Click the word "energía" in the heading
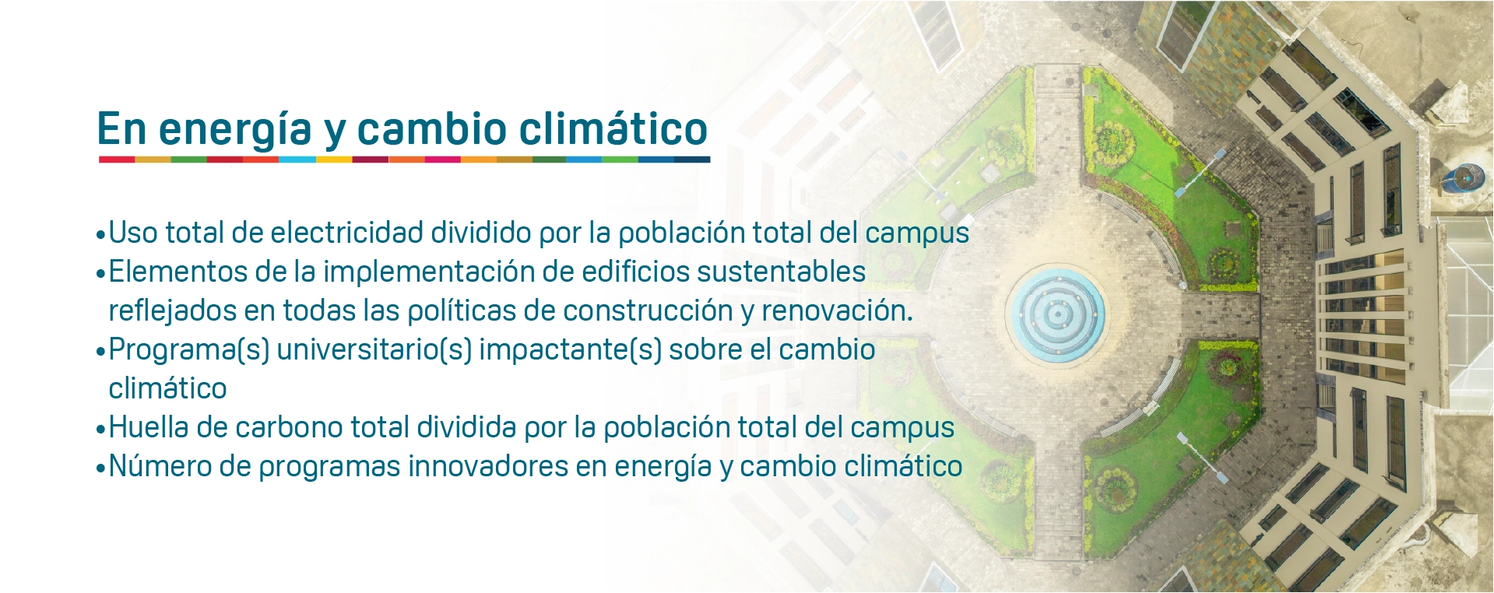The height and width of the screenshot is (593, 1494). [235, 130]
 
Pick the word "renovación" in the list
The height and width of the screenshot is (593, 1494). [837, 311]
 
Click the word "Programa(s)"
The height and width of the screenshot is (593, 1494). [189, 350]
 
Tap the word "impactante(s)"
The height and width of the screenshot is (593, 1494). [570, 350]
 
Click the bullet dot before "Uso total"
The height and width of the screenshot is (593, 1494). [100, 234]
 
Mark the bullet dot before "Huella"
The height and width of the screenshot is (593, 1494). [100, 429]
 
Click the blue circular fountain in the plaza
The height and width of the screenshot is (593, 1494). [1056, 314]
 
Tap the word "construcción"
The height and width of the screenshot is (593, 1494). [648, 311]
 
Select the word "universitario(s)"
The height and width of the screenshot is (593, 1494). [374, 350]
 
